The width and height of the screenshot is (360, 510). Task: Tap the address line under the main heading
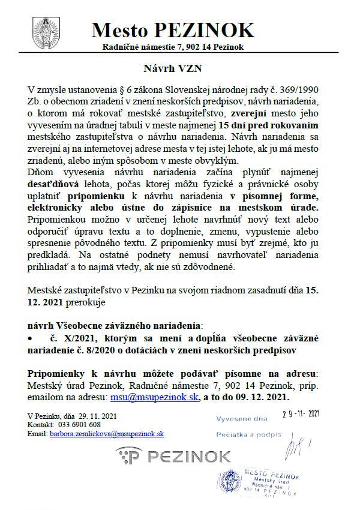(173, 47)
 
